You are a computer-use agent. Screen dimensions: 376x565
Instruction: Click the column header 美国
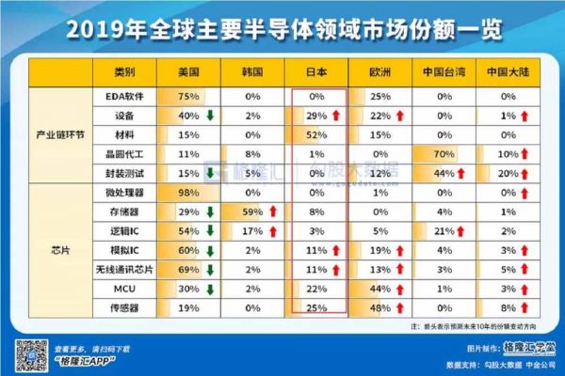coord(188,72)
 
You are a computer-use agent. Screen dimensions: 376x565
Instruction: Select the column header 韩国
coord(251,72)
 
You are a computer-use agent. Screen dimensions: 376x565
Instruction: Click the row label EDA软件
coord(124,96)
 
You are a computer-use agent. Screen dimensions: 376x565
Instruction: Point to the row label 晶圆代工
coord(124,153)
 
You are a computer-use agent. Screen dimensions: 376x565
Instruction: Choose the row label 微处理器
coord(124,192)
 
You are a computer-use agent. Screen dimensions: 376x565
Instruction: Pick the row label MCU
coord(124,287)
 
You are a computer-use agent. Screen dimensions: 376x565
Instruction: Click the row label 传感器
coord(124,306)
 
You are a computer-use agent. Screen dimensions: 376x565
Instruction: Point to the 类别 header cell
coord(124,72)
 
